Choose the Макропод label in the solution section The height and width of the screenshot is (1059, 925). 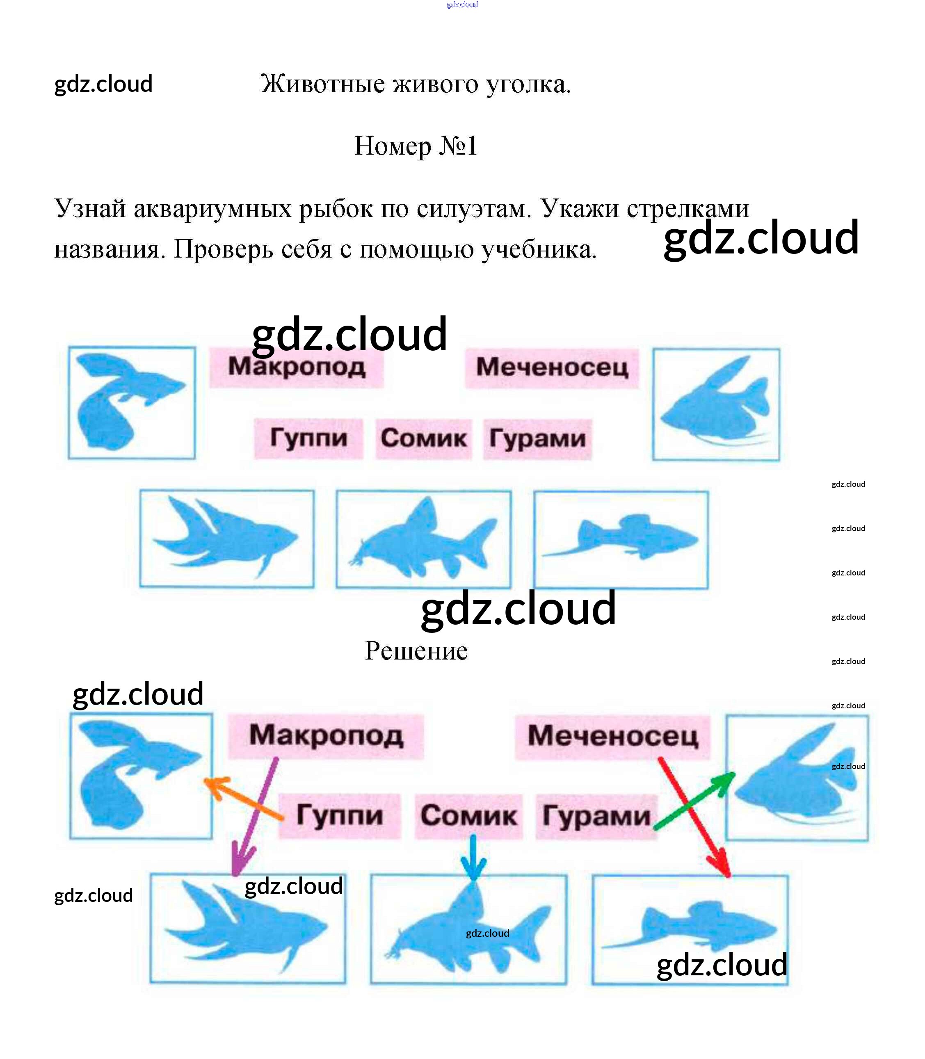pyautogui.click(x=326, y=735)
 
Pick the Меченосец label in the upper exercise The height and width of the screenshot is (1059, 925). pyautogui.click(x=552, y=367)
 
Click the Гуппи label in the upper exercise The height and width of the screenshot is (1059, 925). pyautogui.click(x=309, y=438)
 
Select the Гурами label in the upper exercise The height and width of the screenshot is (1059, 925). pyautogui.click(x=537, y=439)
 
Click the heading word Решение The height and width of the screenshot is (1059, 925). pyautogui.click(x=416, y=650)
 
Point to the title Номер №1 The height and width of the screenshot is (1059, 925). pyautogui.click(x=416, y=146)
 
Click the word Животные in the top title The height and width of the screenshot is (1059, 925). pyautogui.click(x=322, y=84)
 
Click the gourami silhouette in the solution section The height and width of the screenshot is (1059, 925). pyautogui.click(x=797, y=777)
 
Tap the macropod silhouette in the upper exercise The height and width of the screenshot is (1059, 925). pyautogui.click(x=227, y=537)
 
